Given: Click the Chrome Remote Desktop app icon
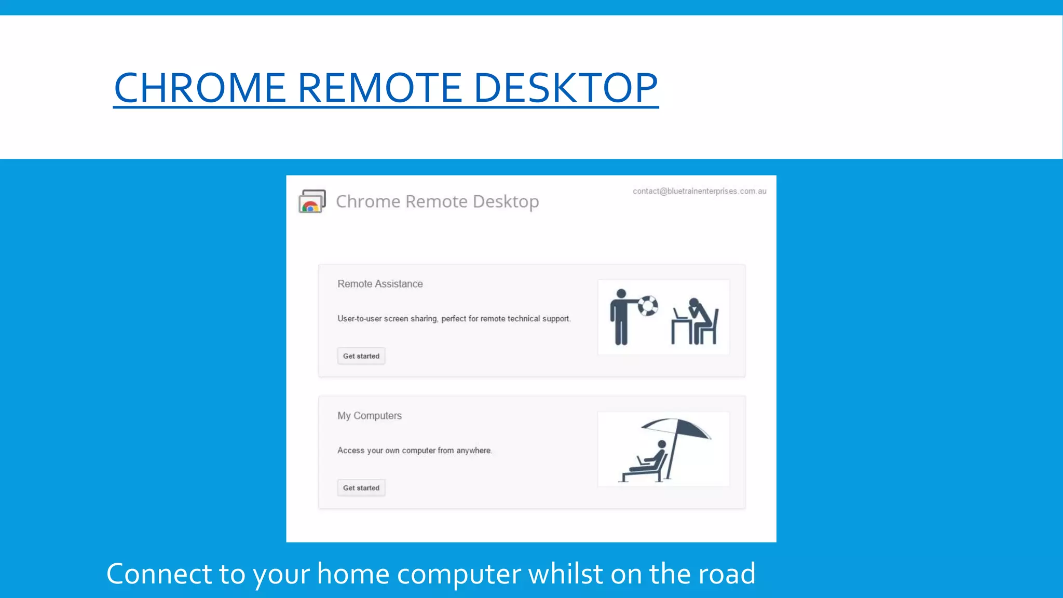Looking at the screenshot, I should click(312, 201).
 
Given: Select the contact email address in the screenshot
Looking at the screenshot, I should click(699, 191).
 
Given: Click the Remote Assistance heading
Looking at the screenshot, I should click(380, 284).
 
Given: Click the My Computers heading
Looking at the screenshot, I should click(370, 416).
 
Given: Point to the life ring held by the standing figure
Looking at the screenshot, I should click(648, 306).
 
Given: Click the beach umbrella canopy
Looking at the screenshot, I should click(676, 427).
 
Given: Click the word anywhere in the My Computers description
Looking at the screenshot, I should click(473, 451).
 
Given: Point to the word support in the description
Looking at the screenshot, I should click(556, 319).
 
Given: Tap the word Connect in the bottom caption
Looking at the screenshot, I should click(159, 574).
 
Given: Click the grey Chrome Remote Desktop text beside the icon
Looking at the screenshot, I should click(437, 201).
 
